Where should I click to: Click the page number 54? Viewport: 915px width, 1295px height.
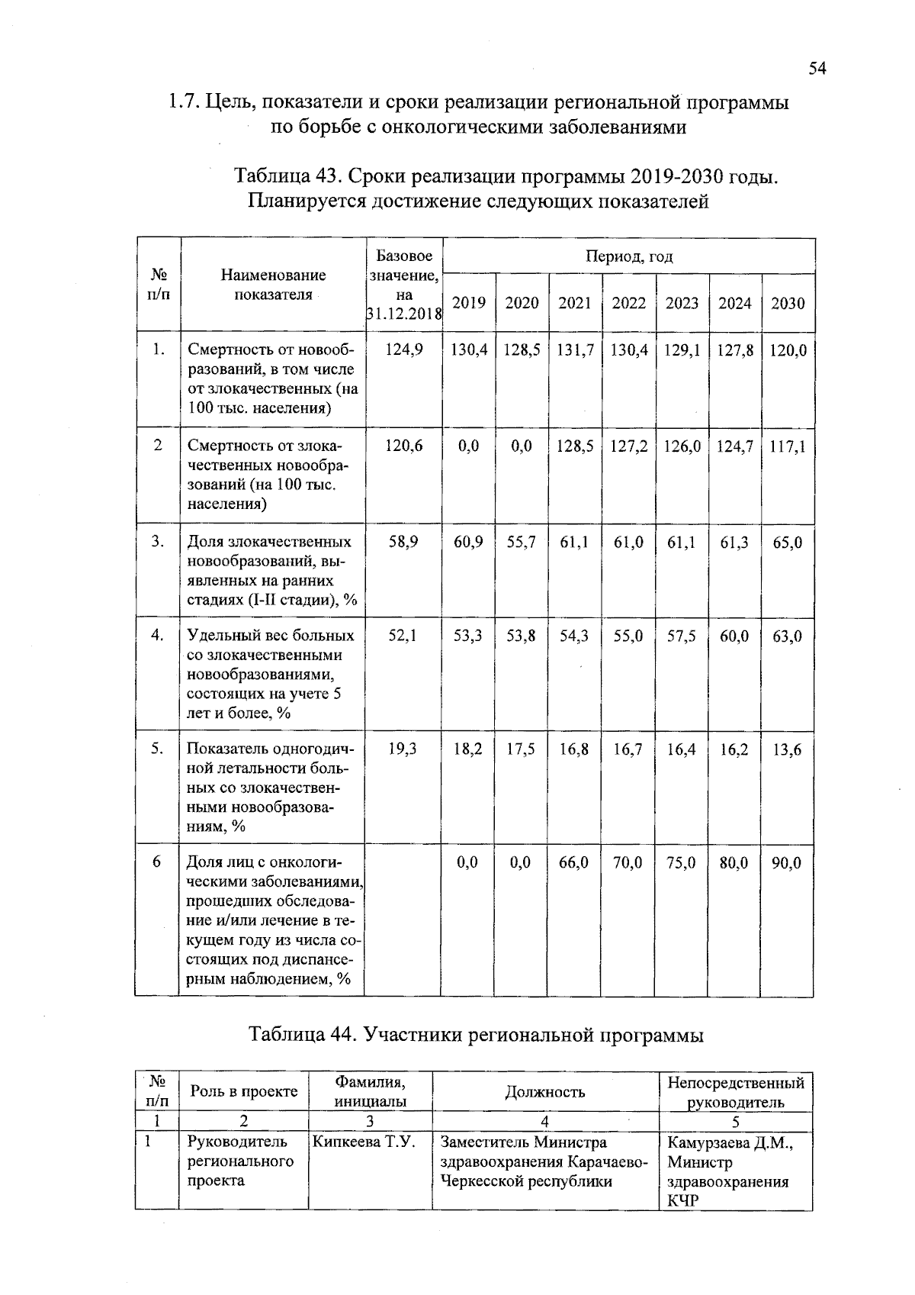(x=817, y=69)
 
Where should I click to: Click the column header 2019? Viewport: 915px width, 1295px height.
(x=469, y=303)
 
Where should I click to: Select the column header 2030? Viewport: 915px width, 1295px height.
(x=788, y=303)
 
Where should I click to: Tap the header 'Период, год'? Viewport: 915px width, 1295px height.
(x=629, y=256)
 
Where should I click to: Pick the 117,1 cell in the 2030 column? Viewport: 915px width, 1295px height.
(x=788, y=446)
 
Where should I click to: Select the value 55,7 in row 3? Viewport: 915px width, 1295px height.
(x=522, y=542)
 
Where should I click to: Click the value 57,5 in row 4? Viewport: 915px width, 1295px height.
(x=682, y=636)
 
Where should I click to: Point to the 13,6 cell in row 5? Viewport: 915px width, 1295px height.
(x=788, y=749)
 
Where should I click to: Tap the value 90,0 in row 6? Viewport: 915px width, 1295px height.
(x=788, y=862)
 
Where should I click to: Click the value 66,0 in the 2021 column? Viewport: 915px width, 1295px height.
(x=574, y=862)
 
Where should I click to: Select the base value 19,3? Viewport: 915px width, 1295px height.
(x=403, y=749)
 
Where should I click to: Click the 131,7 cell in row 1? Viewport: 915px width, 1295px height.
(x=575, y=350)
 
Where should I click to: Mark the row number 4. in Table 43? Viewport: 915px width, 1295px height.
(x=157, y=635)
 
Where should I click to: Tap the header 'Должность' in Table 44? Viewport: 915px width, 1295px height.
(x=545, y=1092)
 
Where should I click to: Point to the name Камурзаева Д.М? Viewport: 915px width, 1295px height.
(x=730, y=1142)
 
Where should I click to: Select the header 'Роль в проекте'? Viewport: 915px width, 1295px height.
(x=244, y=1091)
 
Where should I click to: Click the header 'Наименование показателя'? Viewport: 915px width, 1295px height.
(x=274, y=285)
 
